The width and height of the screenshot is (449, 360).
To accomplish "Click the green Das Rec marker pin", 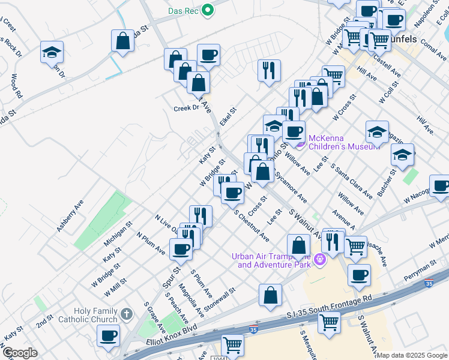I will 208,10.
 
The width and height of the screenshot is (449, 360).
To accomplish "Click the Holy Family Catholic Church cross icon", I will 126,313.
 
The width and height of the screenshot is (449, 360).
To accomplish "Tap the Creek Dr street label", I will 186,108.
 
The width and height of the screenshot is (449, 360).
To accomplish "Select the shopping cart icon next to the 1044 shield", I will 232,345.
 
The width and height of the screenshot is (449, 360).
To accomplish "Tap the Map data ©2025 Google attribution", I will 412,355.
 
